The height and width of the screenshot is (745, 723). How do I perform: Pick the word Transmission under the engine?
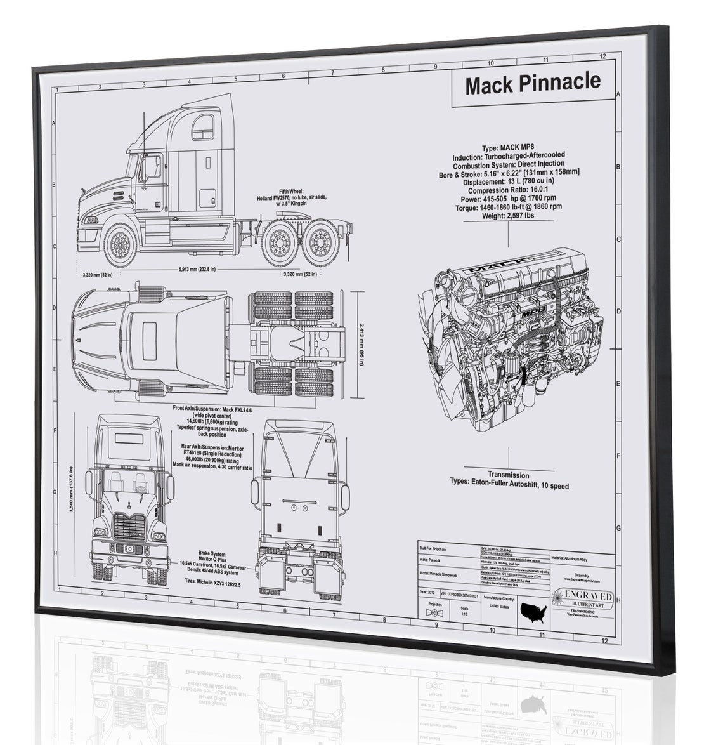pyautogui.click(x=508, y=475)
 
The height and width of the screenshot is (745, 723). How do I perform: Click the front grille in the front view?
pyautogui.click(x=129, y=526)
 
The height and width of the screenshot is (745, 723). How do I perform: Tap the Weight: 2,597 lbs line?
pyautogui.click(x=507, y=216)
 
